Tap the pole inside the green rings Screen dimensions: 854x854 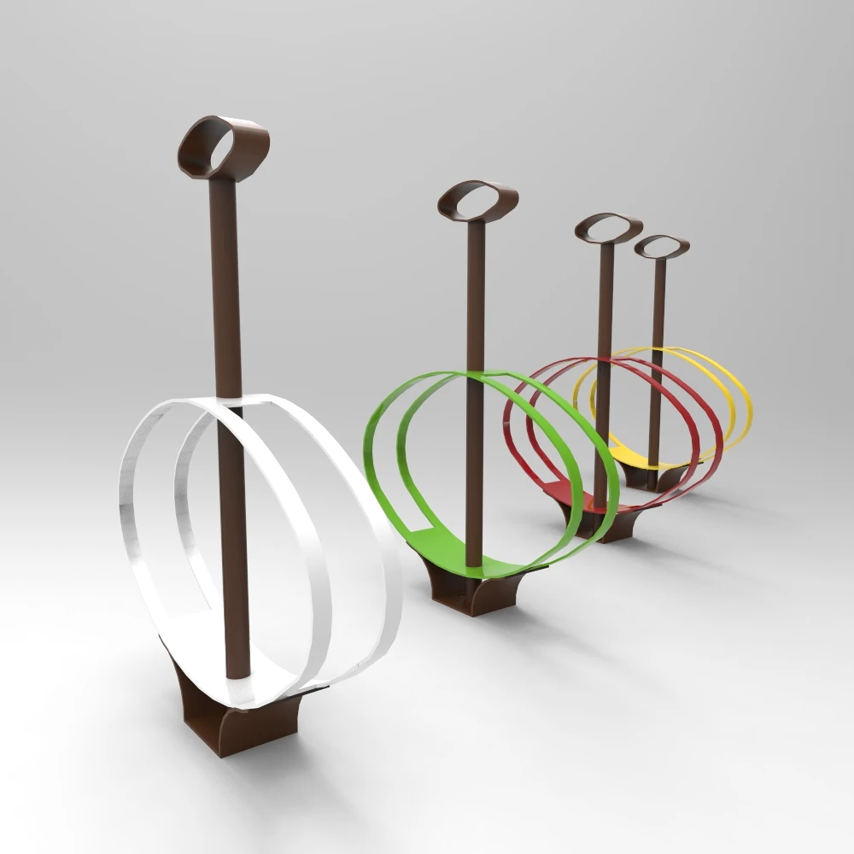pos(474,461)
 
